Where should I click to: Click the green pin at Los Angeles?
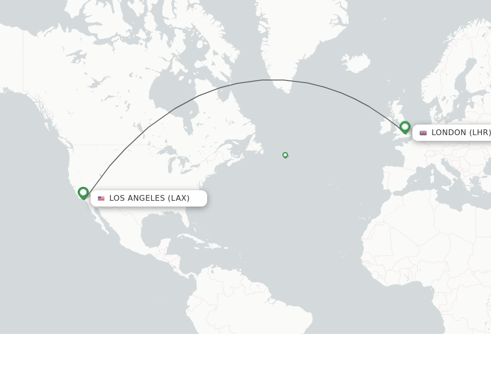pos(83,193)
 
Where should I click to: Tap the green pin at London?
pos(405,127)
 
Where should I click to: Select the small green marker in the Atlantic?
pos(285,155)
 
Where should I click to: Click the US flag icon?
pos(101,198)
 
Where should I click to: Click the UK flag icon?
pos(423,133)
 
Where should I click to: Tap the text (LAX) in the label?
pos(178,198)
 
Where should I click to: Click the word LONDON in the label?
pos(449,133)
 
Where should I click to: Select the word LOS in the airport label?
pos(117,198)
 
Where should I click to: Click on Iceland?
pos(356,63)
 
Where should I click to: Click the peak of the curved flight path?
pos(272,80)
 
